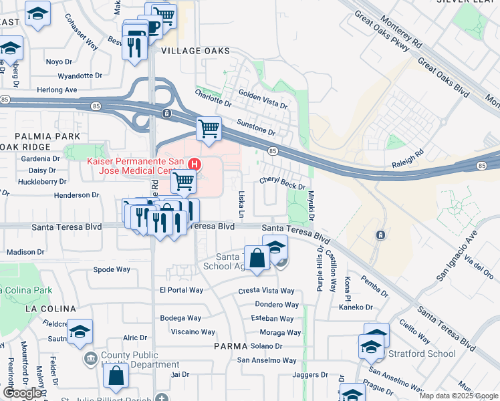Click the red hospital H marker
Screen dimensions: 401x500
[x=195, y=163]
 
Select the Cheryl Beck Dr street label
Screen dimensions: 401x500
[x=282, y=184]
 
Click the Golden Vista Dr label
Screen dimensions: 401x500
[x=263, y=101]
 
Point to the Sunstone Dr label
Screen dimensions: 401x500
[x=256, y=127]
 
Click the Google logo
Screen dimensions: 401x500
[x=21, y=393]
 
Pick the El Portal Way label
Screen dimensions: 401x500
[x=181, y=290]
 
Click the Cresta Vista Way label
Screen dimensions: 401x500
[x=266, y=291]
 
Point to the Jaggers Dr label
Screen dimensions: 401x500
[x=310, y=375]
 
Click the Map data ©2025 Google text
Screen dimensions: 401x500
[x=458, y=396]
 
